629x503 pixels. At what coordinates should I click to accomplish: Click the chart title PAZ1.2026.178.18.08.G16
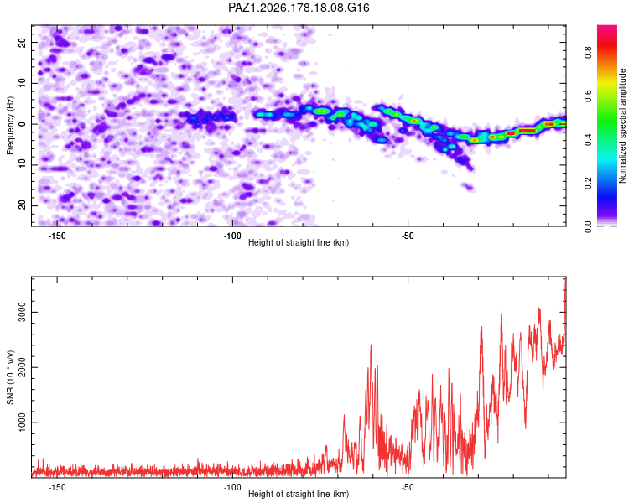pos(299,8)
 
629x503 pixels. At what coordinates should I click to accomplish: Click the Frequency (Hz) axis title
pos(10,126)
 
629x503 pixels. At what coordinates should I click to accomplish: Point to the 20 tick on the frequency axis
pos(22,42)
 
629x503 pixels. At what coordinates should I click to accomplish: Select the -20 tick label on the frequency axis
pos(22,206)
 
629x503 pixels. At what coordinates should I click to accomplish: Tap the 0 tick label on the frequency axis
pos(22,124)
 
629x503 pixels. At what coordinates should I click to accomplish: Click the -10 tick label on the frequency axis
pos(22,165)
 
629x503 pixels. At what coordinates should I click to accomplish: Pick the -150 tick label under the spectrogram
pos(57,236)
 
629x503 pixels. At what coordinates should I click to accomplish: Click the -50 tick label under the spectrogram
pos(408,236)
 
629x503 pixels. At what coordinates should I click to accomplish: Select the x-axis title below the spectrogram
pos(299,242)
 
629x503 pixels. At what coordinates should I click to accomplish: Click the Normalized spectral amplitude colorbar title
pos(622,126)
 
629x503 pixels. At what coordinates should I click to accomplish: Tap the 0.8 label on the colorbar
pos(588,53)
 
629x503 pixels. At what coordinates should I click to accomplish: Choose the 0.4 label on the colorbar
pos(588,140)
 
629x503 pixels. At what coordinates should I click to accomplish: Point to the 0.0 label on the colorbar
pos(588,227)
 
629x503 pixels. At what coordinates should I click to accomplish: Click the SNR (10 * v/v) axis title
pos(10,377)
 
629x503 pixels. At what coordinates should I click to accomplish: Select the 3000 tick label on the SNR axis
pos(22,312)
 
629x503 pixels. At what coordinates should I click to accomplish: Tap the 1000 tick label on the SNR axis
pos(22,423)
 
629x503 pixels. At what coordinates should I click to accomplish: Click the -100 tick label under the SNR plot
pos(232,487)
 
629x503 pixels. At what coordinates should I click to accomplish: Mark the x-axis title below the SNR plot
pos(299,494)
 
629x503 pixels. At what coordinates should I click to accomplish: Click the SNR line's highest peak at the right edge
pos(565,277)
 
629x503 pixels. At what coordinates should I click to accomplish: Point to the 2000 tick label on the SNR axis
pos(22,367)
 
